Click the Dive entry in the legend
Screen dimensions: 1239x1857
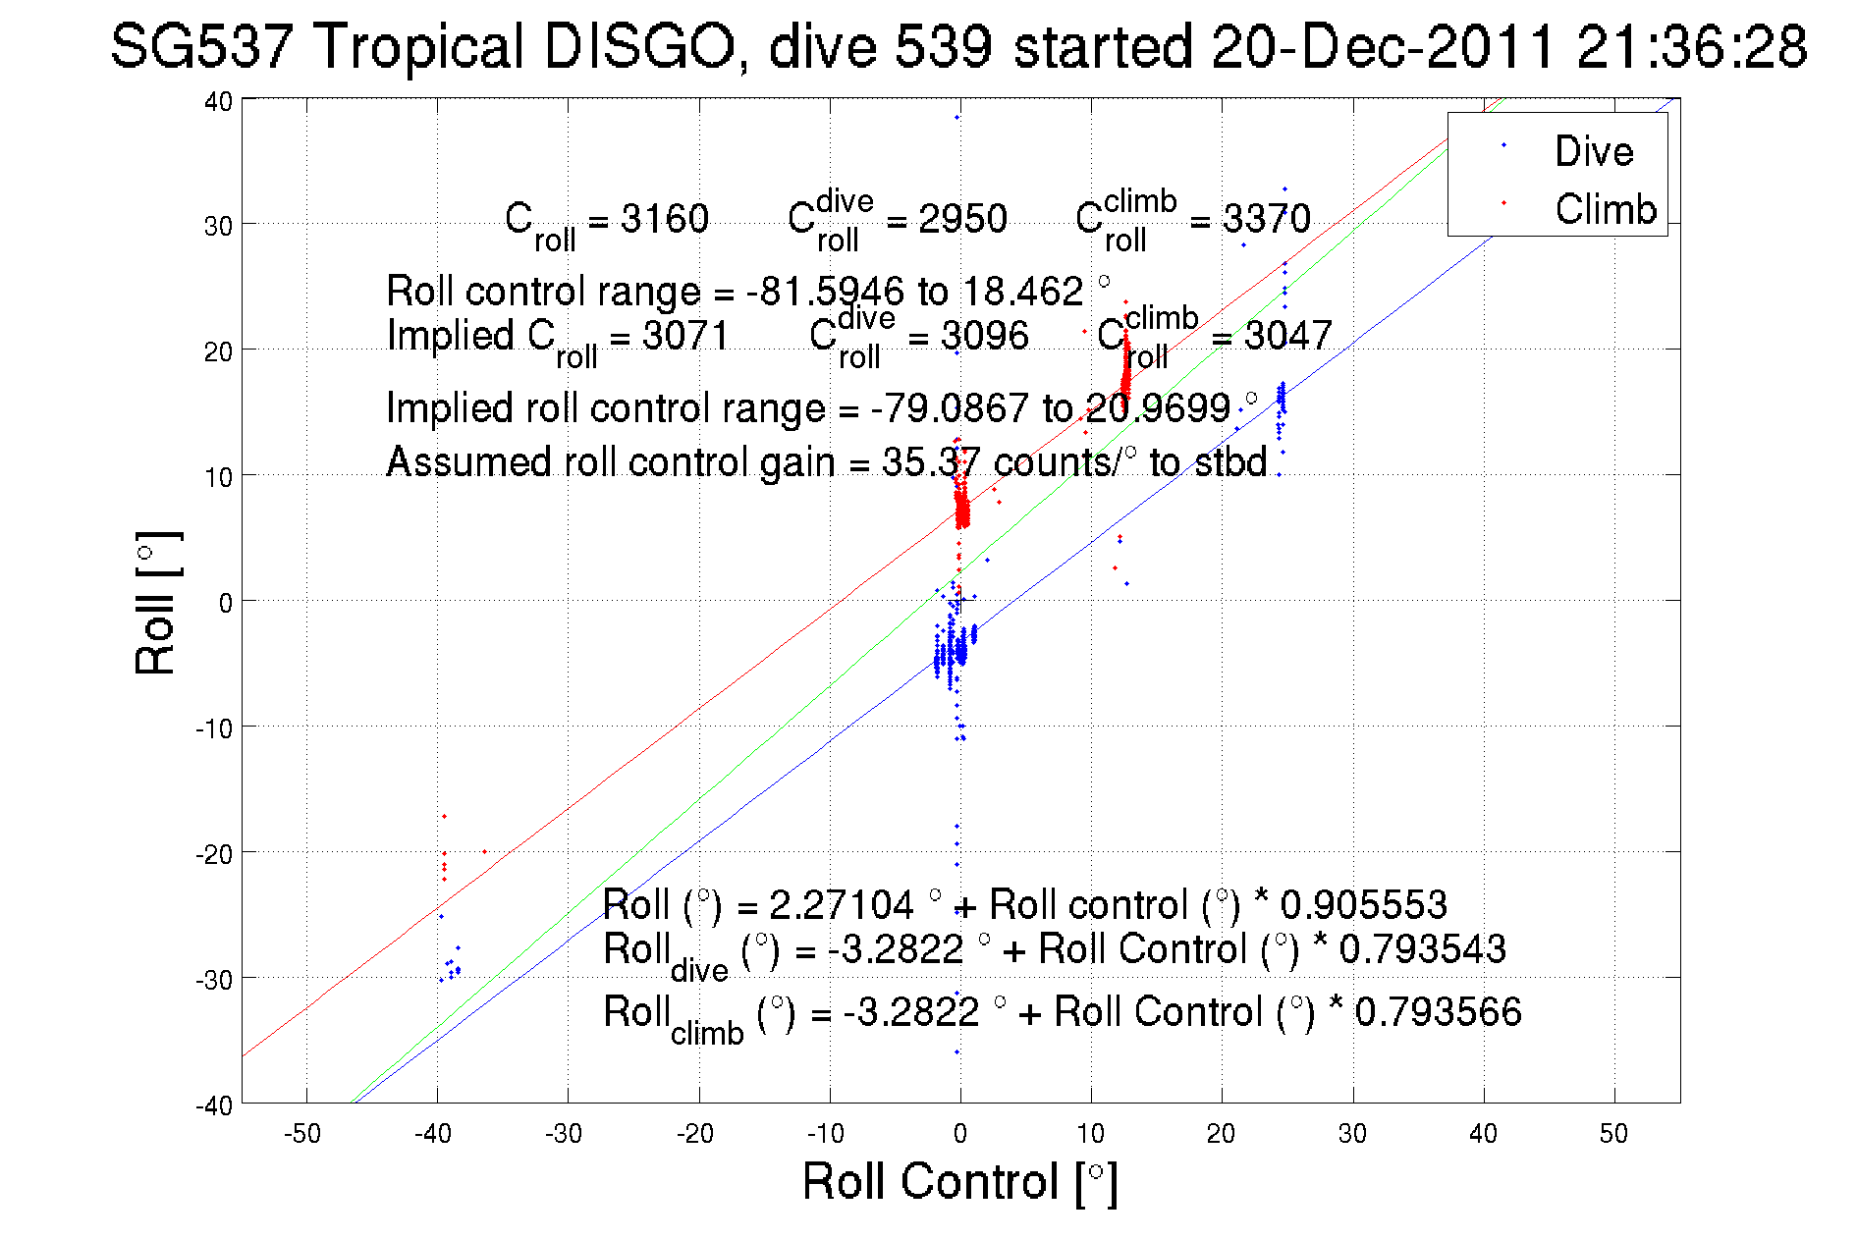coord(1593,151)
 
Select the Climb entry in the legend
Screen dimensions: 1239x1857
coord(1605,209)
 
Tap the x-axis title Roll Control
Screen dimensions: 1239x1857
coord(958,1181)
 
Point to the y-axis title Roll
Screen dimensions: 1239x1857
coord(156,603)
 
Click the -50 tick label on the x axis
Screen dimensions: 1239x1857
coord(301,1134)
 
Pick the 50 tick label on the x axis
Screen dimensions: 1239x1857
coord(1613,1134)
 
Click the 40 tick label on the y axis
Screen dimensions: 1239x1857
coord(218,101)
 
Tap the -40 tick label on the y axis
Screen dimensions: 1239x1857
coord(214,1105)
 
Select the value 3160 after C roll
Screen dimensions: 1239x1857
coord(664,219)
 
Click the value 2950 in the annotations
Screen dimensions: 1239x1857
coord(962,219)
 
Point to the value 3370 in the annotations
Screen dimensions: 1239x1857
coord(1266,219)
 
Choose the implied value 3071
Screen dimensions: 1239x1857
coord(685,336)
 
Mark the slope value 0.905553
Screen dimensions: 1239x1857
coord(1363,904)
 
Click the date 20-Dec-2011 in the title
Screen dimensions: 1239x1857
coord(1383,46)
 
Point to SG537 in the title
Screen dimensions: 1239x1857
coord(201,46)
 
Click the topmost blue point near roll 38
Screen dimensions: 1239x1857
coord(957,118)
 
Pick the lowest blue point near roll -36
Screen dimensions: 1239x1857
coord(957,1052)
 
